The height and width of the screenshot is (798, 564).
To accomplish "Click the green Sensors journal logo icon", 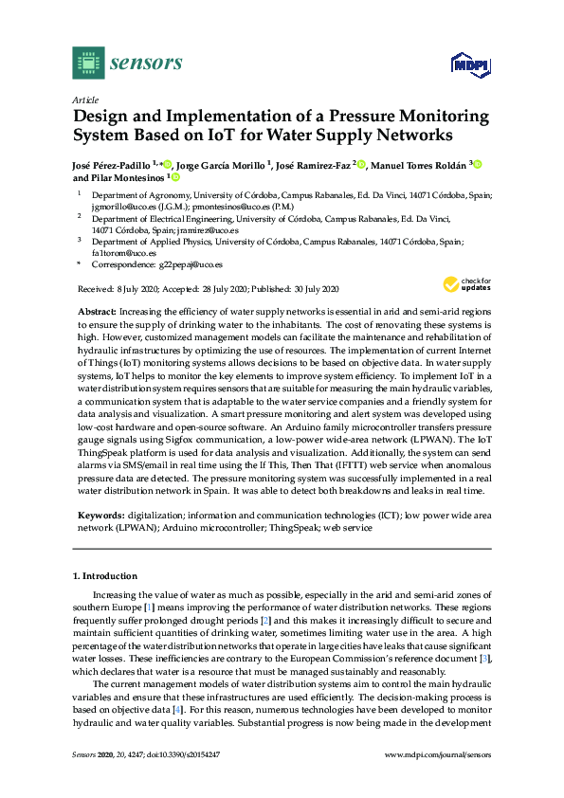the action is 87,63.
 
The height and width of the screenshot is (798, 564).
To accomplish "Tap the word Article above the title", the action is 85,99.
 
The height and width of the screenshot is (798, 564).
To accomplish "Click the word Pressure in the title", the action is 353,117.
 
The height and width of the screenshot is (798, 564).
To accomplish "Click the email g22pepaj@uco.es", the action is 192,265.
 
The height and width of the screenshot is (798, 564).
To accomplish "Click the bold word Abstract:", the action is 95,312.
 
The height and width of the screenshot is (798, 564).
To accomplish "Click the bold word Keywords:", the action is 99,516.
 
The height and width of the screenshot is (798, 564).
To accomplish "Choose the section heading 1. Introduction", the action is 105,576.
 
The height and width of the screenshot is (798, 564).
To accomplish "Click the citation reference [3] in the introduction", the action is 485,657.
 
